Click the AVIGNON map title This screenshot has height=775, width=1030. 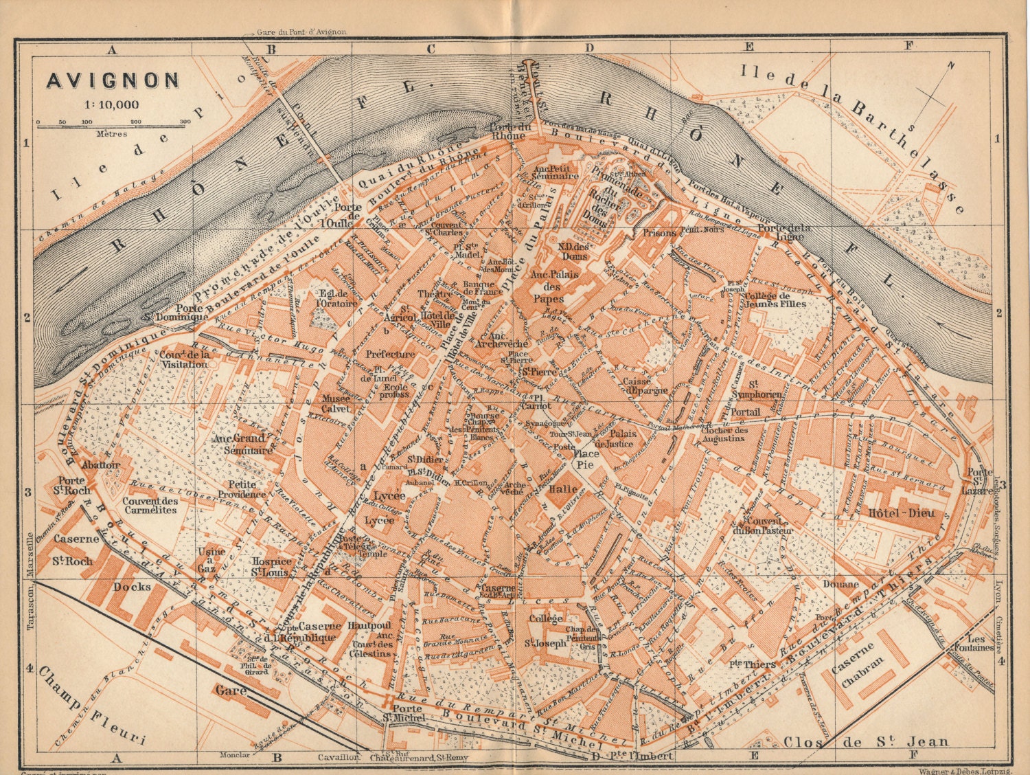tap(113, 80)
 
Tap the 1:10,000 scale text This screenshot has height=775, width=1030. tap(113, 104)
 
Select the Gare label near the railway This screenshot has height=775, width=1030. tap(229, 690)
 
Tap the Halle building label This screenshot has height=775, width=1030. tap(562, 489)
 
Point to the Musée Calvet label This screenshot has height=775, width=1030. tap(336, 403)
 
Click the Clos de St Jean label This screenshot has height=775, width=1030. tap(865, 741)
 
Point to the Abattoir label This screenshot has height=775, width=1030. tap(100, 464)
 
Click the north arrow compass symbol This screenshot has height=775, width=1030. tap(934, 97)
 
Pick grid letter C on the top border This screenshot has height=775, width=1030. tap(431, 48)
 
